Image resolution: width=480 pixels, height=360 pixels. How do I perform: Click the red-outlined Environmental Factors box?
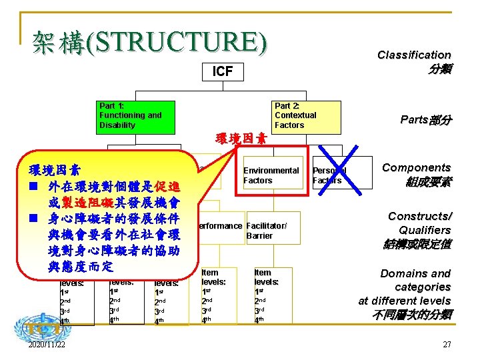tap(272, 175)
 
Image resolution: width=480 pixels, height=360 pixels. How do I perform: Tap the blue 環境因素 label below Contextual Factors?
tap(241, 139)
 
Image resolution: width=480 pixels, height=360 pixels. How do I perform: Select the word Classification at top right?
tap(414, 55)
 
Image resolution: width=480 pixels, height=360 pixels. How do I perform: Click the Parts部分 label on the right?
tap(425, 120)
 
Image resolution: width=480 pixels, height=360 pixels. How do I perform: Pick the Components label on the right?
tap(416, 168)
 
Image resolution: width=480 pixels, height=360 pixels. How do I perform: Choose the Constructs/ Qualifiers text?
tap(419, 223)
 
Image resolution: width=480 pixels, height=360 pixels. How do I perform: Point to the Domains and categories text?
tap(415, 280)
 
